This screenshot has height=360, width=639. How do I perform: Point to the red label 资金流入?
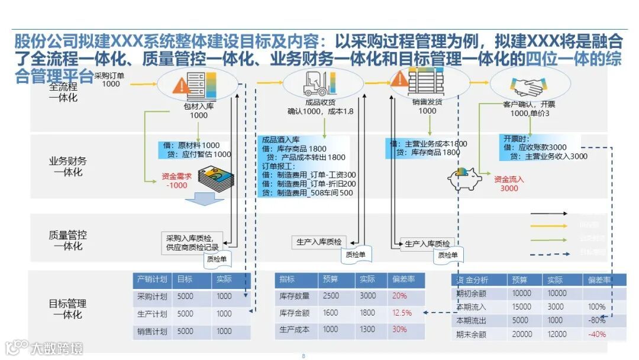coord(509,179)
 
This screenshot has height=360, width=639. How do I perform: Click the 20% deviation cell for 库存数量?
coord(399,295)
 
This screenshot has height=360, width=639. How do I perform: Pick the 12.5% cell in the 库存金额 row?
coord(402,313)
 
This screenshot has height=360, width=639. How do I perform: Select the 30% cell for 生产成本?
coord(399,329)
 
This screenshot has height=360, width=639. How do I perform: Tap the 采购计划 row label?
coord(152,296)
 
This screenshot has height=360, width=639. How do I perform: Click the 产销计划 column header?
coord(152,279)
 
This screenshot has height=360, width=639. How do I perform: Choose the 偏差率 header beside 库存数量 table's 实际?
coord(403,279)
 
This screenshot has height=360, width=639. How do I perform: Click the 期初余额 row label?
coord(471,293)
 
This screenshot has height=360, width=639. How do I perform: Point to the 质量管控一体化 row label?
coord(67,240)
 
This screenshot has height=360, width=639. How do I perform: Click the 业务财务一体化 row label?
coord(67,166)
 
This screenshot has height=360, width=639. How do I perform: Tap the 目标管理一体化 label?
coord(67,309)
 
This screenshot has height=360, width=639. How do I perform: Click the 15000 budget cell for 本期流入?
coord(521,307)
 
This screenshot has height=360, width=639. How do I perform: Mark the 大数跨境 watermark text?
coord(57,349)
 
